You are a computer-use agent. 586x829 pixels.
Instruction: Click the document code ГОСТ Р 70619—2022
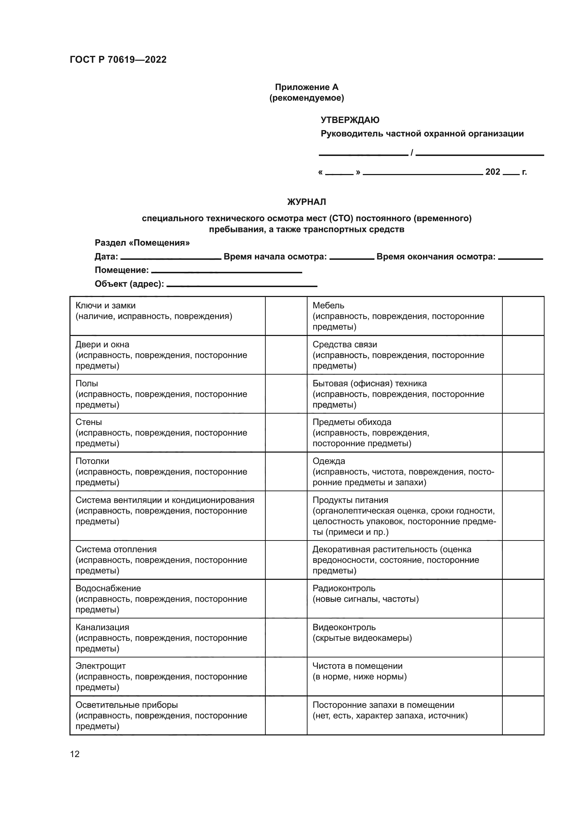pos(118,60)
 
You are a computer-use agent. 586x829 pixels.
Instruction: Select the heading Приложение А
pos(306,87)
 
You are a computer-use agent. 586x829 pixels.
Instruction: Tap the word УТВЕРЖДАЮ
pos(350,120)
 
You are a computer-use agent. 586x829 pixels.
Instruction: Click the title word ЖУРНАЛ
pos(306,202)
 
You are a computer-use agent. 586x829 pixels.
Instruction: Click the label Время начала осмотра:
pos(275,257)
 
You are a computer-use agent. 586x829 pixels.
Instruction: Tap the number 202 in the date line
pos(492,172)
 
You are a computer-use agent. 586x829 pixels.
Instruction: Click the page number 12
pos(75,754)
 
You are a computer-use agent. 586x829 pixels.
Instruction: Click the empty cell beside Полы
pos(286,393)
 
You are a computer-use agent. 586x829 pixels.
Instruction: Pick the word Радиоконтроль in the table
pos(344,588)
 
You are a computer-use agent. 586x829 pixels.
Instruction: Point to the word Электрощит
pos(100,666)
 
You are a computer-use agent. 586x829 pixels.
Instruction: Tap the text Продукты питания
pos(350,500)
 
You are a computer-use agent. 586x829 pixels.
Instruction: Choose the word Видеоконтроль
pos(344,627)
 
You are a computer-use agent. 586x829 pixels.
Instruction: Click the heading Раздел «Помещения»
pos(142,243)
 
